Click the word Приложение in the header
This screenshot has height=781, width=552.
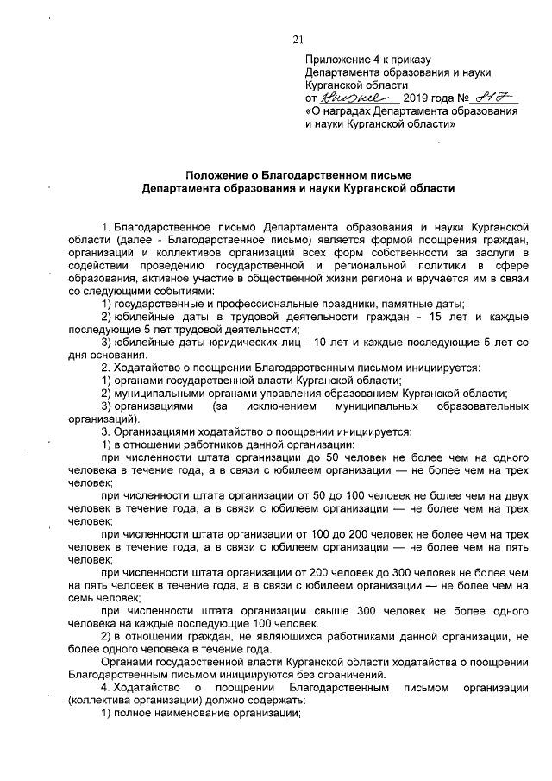click(x=332, y=60)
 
